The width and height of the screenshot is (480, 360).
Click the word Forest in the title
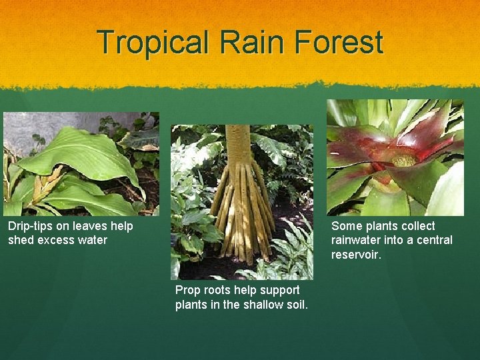pyautogui.click(x=341, y=42)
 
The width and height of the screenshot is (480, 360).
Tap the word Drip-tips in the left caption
pyautogui.click(x=29, y=226)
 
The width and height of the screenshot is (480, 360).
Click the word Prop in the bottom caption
pyautogui.click(x=188, y=290)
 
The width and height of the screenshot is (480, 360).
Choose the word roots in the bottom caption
pyautogui.click(x=218, y=290)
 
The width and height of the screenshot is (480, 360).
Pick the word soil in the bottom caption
pyautogui.click(x=294, y=305)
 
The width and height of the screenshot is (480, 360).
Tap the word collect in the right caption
pyautogui.click(x=417, y=226)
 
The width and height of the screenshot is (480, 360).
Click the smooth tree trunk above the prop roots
pyautogui.click(x=237, y=143)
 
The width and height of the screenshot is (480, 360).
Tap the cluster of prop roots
pyautogui.click(x=242, y=213)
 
